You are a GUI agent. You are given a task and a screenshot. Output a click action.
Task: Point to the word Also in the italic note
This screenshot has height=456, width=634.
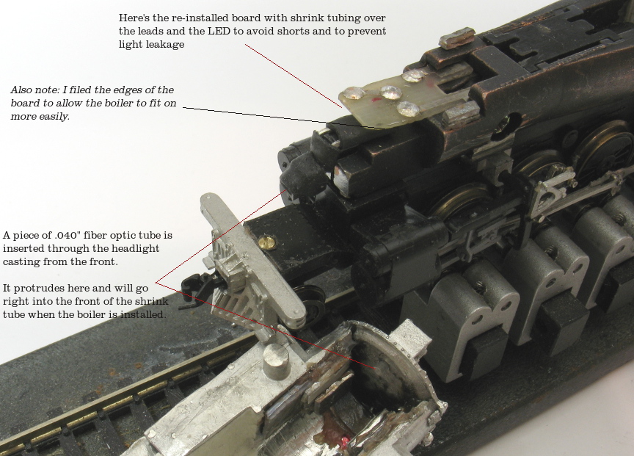[x=19, y=90]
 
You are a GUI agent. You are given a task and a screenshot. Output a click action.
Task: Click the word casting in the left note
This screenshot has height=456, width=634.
[x=21, y=262]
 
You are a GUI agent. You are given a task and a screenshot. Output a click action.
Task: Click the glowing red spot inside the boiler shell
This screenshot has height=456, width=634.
[x=346, y=440]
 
